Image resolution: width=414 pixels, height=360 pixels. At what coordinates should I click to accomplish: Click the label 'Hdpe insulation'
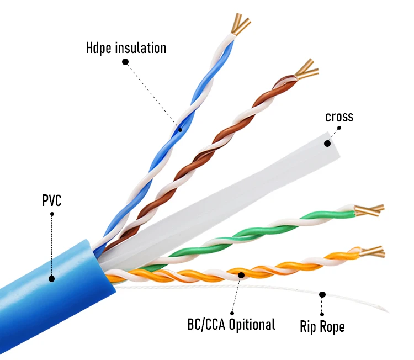point(126,48)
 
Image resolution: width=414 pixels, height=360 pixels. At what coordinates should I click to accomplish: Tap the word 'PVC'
point(51,200)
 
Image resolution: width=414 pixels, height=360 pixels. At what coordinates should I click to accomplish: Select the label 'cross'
point(339,117)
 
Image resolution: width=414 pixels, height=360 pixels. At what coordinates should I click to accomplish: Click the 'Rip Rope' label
point(322,326)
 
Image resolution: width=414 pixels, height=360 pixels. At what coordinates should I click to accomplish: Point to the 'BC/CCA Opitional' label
point(231,324)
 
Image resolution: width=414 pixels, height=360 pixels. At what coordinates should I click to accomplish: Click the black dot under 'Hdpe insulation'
point(125,62)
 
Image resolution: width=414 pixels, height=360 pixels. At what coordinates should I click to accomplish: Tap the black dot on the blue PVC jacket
point(51,279)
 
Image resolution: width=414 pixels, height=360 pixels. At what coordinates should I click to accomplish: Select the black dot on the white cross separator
point(327,144)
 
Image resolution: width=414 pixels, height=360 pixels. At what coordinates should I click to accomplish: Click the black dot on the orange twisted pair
point(241,274)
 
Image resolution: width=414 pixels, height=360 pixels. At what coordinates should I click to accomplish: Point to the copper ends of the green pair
point(369,210)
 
